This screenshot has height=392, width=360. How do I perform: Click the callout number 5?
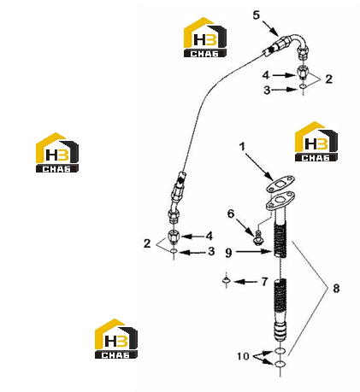[257, 15]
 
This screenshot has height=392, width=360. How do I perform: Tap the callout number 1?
[242, 146]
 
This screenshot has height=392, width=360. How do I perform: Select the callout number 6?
[231, 214]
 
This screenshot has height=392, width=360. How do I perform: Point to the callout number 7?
[264, 282]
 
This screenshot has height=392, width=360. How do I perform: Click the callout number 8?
[336, 288]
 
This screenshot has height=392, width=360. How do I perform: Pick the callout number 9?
[228, 253]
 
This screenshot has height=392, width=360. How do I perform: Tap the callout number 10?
[243, 356]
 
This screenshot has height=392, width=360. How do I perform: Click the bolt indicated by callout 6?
[258, 238]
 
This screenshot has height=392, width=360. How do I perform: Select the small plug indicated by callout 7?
[227, 280]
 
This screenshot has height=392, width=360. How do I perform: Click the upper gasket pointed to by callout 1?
[280, 184]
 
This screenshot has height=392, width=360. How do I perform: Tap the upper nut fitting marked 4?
[303, 73]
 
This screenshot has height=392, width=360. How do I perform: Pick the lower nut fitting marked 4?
[174, 237]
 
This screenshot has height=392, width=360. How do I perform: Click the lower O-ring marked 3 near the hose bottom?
[174, 251]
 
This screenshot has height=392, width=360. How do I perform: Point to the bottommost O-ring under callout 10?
[280, 364]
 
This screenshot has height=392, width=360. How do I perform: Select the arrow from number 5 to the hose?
[270, 28]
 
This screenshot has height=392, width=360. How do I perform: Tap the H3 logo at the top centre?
[205, 37]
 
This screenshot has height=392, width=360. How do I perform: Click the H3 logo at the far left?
[57, 152]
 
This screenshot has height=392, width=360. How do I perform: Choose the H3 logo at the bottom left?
[116, 338]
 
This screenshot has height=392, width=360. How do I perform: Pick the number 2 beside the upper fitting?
[328, 79]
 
